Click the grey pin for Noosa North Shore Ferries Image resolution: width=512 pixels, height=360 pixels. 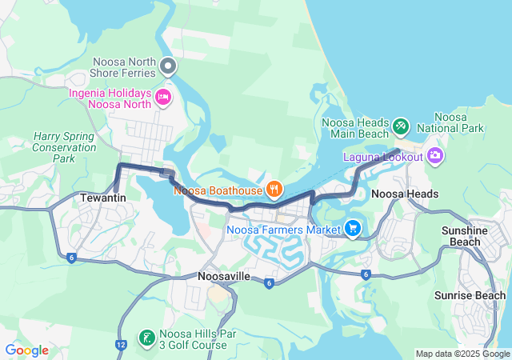pyautogui.click(x=168, y=65)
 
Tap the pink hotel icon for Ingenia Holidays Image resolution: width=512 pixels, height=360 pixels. pyautogui.click(x=163, y=98)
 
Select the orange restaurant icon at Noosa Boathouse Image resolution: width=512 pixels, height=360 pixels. pyautogui.click(x=274, y=190)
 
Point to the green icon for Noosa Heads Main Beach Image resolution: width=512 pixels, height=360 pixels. pyautogui.click(x=401, y=126)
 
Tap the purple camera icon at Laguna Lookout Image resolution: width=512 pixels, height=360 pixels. pyautogui.click(x=435, y=155)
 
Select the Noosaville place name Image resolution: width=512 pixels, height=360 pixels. pyautogui.click(x=224, y=276)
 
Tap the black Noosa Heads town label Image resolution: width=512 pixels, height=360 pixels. pyautogui.click(x=405, y=194)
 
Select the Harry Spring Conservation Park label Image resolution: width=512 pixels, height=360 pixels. pyautogui.click(x=64, y=147)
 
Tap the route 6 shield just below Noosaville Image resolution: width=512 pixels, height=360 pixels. pyautogui.click(x=269, y=283)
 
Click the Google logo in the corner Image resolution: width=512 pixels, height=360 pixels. pyautogui.click(x=27, y=350)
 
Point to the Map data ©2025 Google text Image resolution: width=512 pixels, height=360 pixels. pyautogui.click(x=462, y=354)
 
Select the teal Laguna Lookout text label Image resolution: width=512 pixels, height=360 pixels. pyautogui.click(x=383, y=157)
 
